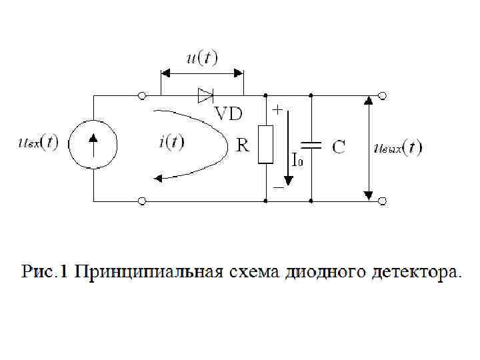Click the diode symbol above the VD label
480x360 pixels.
pos(205,96)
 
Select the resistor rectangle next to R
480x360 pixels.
pos(265,144)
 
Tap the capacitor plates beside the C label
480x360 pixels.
pos(311,145)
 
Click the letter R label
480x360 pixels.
pos(243,145)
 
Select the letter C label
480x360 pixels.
pos(339,147)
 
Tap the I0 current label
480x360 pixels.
pos(297,161)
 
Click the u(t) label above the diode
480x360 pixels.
pos(201,58)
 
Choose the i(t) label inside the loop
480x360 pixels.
pos(172,141)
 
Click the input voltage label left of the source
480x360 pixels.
pos(38,143)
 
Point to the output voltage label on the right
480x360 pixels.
pos(398,147)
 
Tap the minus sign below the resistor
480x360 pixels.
pos(277,189)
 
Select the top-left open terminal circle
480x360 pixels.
pos(141,97)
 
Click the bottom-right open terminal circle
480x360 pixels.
pos(382,199)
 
